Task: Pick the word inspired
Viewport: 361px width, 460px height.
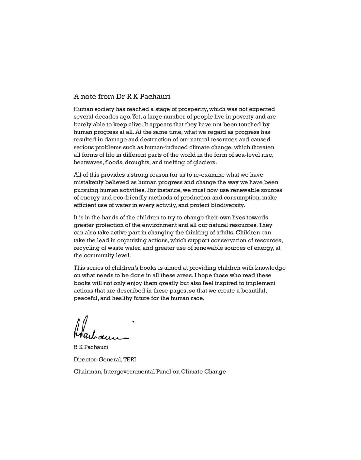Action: (x=232, y=283)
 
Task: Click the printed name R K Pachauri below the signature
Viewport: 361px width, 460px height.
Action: (x=91, y=347)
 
